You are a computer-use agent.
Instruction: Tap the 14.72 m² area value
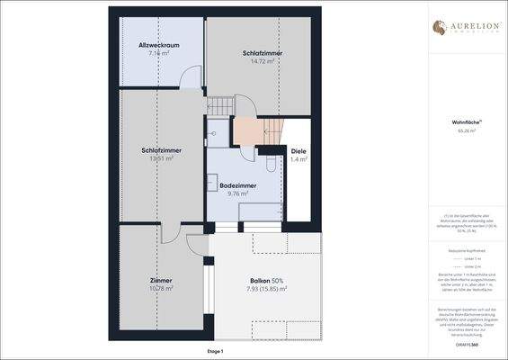(x=263, y=62)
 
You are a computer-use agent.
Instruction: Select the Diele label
(x=299, y=150)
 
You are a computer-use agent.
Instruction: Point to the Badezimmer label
(x=237, y=185)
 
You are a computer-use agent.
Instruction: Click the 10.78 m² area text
(x=161, y=289)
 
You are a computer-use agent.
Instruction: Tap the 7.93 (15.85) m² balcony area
(x=267, y=289)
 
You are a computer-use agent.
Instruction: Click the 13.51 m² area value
(x=162, y=158)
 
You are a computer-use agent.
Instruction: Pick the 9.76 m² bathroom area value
(x=237, y=193)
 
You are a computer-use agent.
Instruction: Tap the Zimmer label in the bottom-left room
(x=161, y=281)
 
